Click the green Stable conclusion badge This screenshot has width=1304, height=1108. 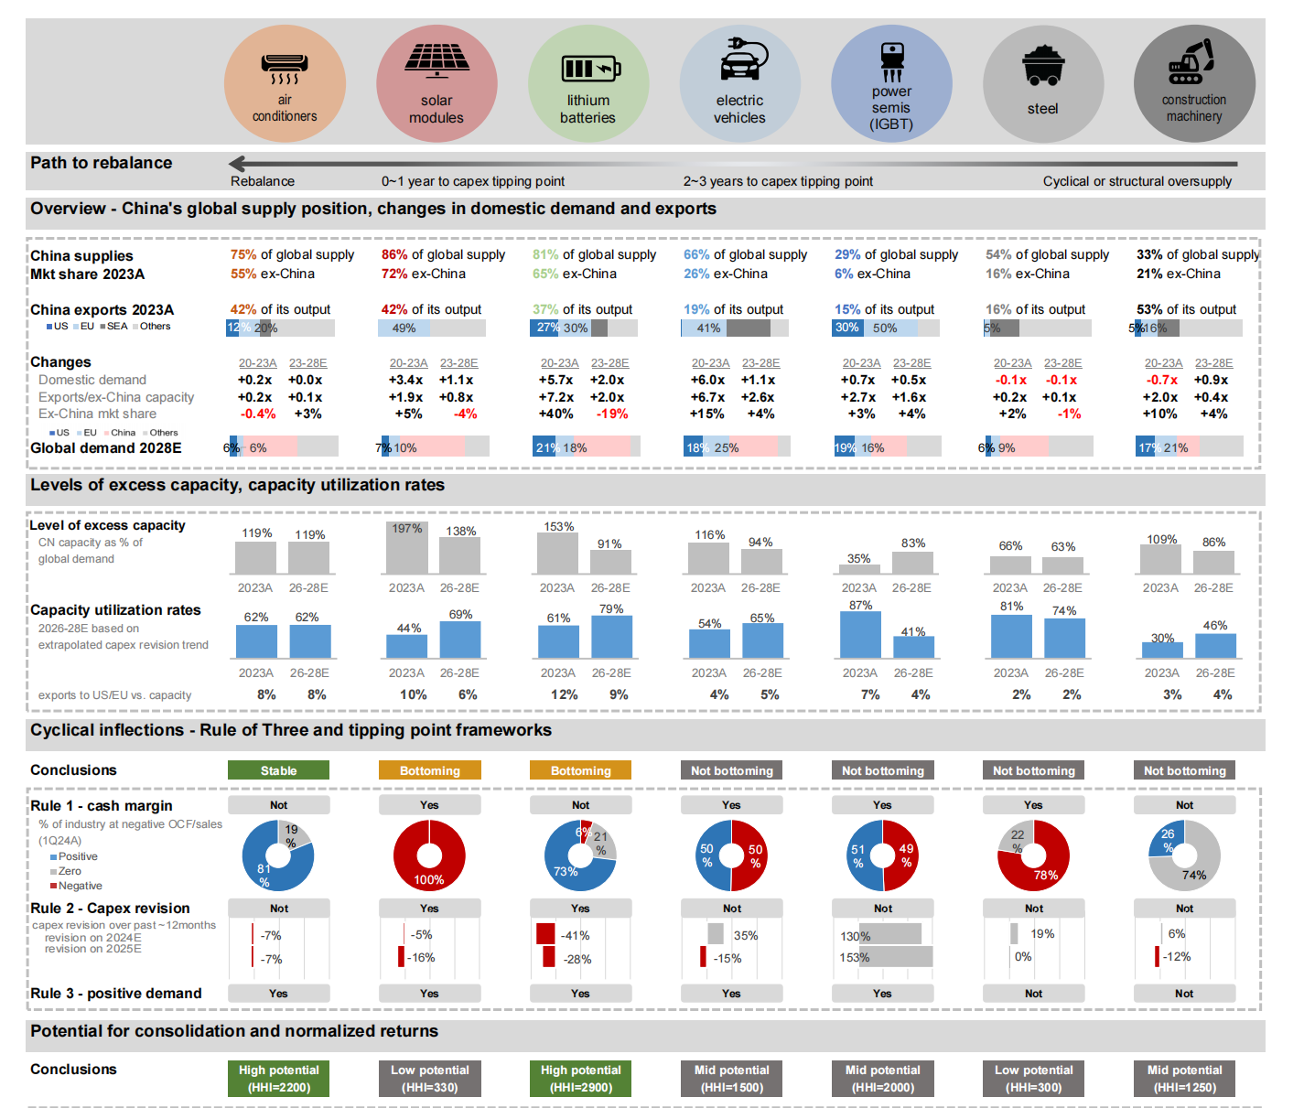[x=278, y=770]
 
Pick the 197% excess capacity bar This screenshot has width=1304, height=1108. [x=406, y=549]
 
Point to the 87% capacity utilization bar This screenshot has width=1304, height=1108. [x=860, y=635]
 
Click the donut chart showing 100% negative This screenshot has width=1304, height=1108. [x=429, y=855]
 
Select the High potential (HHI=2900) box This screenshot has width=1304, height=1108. [x=580, y=1078]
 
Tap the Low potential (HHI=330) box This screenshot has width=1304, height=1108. [x=429, y=1078]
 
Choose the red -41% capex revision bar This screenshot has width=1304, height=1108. [x=545, y=934]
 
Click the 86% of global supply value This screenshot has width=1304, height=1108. [x=394, y=254]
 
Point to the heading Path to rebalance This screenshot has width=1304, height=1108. [x=102, y=163]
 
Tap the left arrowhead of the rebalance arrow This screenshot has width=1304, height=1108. [x=237, y=164]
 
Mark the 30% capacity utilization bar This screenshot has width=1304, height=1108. [x=1162, y=650]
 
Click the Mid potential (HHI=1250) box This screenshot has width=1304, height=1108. [x=1184, y=1078]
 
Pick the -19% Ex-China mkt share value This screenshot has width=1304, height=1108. [x=612, y=414]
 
